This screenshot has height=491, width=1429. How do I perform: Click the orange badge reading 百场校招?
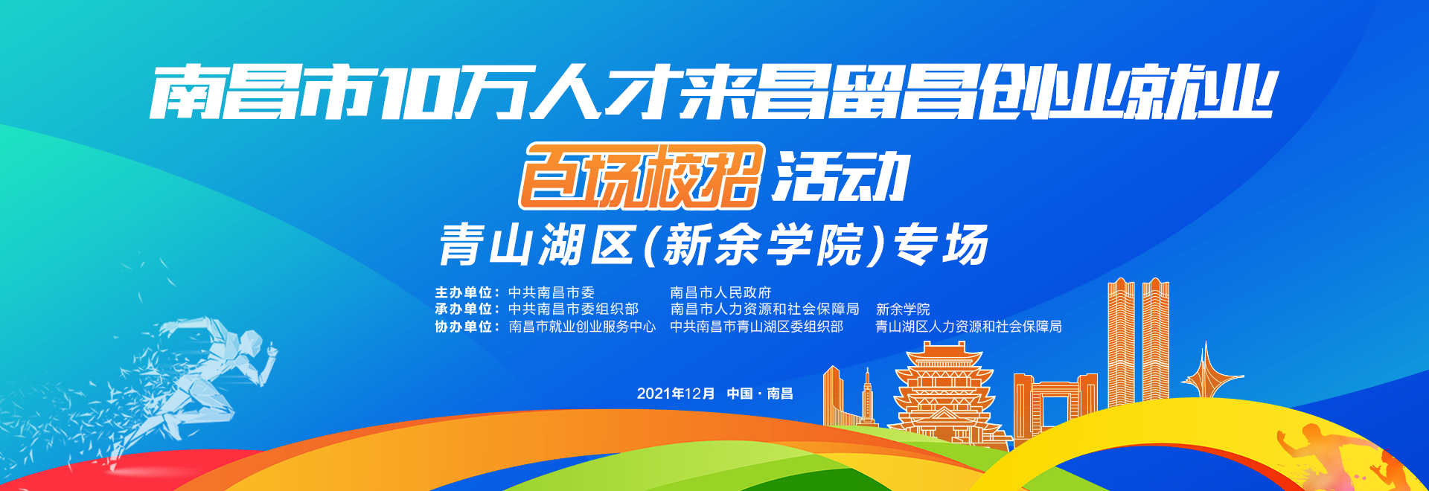point(642,176)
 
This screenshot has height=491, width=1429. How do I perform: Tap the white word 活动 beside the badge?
point(841,176)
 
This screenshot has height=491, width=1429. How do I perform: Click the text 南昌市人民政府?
point(720,293)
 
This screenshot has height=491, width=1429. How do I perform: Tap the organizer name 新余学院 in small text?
point(903,309)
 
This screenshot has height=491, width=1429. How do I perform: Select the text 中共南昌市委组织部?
point(573,309)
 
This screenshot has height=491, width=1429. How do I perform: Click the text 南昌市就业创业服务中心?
point(582,327)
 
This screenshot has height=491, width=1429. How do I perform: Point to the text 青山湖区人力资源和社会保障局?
point(968,327)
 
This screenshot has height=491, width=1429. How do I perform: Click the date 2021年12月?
point(676,394)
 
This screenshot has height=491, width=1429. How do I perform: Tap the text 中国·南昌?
point(760,394)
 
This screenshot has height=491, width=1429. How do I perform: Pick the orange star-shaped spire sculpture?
point(1206,372)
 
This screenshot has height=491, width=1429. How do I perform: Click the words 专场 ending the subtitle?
point(941,245)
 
